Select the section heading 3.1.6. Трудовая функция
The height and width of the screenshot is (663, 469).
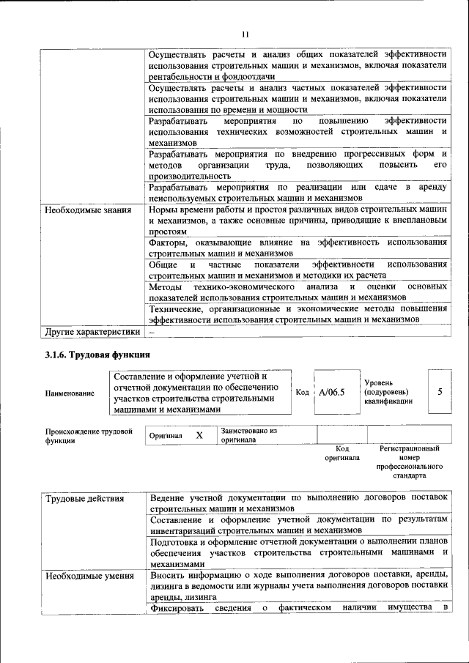[90, 355]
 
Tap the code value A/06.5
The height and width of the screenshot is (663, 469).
[332, 392]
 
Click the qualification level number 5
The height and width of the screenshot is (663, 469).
[440, 391]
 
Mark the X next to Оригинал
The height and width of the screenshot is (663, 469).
[199, 435]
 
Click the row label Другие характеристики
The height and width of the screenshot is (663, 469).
[92, 331]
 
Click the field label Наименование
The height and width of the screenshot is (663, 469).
[70, 393]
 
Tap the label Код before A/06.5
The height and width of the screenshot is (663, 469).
[302, 392]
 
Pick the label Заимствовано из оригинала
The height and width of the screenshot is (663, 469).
[248, 436]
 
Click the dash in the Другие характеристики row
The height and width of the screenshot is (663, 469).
[152, 331]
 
